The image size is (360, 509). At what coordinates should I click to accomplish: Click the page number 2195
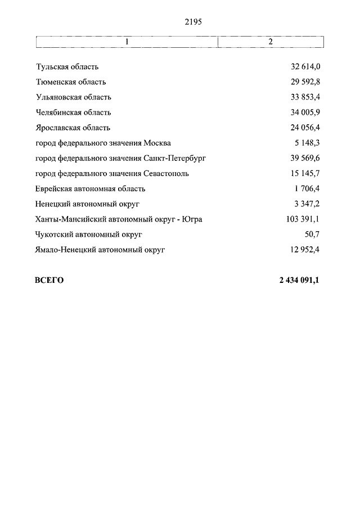pos(192,22)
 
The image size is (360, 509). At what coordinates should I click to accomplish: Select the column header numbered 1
pos(127,42)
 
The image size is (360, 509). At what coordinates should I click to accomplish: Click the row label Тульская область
pos(67,67)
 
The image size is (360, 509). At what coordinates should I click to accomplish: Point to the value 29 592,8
pos(305,82)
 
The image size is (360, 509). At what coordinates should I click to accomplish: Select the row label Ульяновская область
pos(73,97)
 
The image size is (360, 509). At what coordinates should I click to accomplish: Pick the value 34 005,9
pos(305,112)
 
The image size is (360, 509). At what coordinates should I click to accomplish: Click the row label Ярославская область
pos(73,128)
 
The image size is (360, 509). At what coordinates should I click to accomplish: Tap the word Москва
pos(157,143)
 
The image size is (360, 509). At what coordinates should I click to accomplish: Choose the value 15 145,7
pos(305,174)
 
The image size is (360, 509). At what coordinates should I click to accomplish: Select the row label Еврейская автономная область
pos(90,189)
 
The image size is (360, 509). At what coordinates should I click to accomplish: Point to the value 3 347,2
pos(308,204)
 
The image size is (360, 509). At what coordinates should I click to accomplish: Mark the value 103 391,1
pos(303,219)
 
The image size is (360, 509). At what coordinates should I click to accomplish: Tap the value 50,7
pos(312,235)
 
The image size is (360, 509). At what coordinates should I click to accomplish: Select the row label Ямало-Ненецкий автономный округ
pos(100,250)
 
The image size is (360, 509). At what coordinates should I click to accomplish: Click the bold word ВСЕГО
pos(49,280)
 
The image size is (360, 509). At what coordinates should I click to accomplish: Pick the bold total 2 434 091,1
pos(299,280)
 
